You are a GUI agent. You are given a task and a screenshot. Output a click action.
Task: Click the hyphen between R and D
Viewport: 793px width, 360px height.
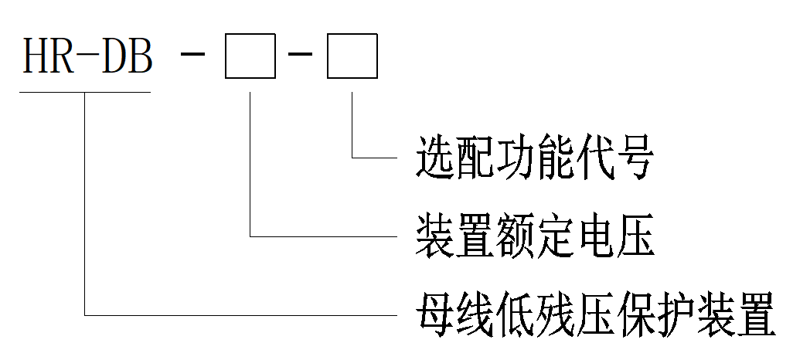[89, 56]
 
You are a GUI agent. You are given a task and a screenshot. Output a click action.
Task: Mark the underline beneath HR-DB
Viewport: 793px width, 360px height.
[85, 92]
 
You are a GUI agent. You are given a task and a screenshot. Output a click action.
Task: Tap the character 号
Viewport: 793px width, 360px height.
[635, 158]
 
